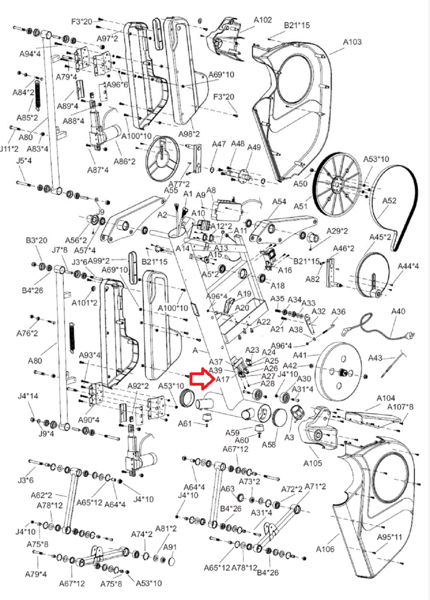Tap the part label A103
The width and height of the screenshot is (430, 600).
(x=352, y=42)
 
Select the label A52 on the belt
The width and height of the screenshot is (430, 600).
(x=389, y=201)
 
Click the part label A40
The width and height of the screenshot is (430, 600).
(x=398, y=311)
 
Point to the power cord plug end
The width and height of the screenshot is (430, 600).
(x=411, y=335)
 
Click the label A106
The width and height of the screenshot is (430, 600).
(x=325, y=549)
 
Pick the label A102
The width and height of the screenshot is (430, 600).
(x=262, y=20)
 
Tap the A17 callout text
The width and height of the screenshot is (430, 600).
(x=222, y=379)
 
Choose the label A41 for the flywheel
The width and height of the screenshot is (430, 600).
(x=300, y=355)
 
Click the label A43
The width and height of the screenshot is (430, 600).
(x=375, y=358)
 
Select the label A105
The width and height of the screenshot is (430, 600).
(x=313, y=463)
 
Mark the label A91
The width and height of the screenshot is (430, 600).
(x=170, y=547)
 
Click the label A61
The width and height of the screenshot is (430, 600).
(x=185, y=423)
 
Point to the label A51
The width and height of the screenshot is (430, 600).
(x=301, y=206)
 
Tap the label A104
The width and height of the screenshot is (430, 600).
(x=386, y=398)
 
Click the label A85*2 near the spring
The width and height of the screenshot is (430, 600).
(x=27, y=117)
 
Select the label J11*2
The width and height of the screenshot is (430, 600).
(x=9, y=149)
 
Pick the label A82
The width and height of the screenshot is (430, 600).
(x=312, y=279)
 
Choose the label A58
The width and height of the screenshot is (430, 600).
(x=269, y=444)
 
